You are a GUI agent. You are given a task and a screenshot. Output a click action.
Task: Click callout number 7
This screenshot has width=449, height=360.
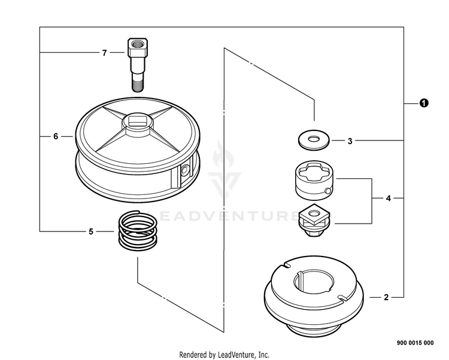point(104,53)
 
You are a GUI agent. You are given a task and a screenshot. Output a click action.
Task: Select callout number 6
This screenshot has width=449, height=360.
point(56,136)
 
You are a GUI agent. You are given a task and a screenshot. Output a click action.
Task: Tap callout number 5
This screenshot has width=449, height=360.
point(91,231)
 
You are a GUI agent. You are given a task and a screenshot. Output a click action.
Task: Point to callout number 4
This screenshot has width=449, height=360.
point(388,197)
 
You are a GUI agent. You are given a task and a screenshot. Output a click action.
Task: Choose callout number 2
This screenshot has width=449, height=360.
point(386,297)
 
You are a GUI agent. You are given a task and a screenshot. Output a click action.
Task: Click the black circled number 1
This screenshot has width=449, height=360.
point(423,103)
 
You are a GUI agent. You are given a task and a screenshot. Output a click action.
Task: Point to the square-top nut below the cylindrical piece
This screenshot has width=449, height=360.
point(314,219)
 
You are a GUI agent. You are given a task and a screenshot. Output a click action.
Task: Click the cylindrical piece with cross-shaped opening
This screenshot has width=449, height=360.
point(313,181)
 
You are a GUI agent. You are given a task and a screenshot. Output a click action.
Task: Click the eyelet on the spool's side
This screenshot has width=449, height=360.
point(183,172)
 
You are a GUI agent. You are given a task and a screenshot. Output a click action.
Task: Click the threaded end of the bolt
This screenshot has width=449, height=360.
point(137,83)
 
